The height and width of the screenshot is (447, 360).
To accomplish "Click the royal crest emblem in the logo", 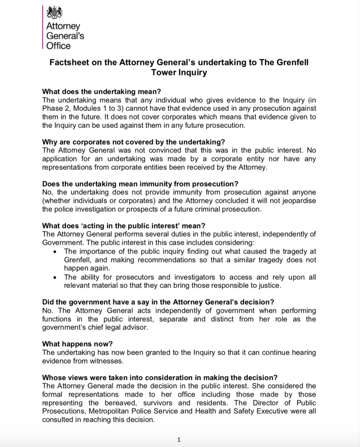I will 55,12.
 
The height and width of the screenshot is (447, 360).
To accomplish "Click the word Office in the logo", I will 58,45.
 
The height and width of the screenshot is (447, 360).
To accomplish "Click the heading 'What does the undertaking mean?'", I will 101,92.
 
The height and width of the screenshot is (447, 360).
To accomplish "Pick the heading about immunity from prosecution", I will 140,184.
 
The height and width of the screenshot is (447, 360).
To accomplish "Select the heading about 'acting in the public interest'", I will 123,226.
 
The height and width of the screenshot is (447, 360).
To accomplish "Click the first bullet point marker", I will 54,251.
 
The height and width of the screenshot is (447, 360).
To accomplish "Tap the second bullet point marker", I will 54,277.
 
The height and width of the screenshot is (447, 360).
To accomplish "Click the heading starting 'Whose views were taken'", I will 160,378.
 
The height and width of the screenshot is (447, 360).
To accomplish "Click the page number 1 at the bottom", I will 179,440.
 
